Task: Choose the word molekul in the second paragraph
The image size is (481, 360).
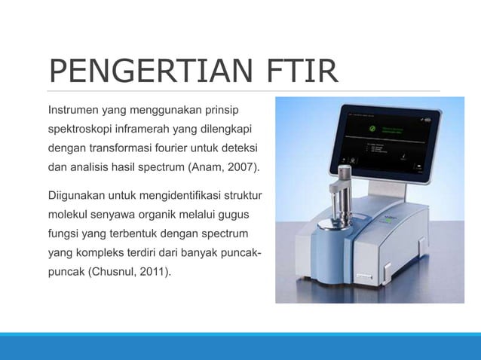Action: click(69, 215)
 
